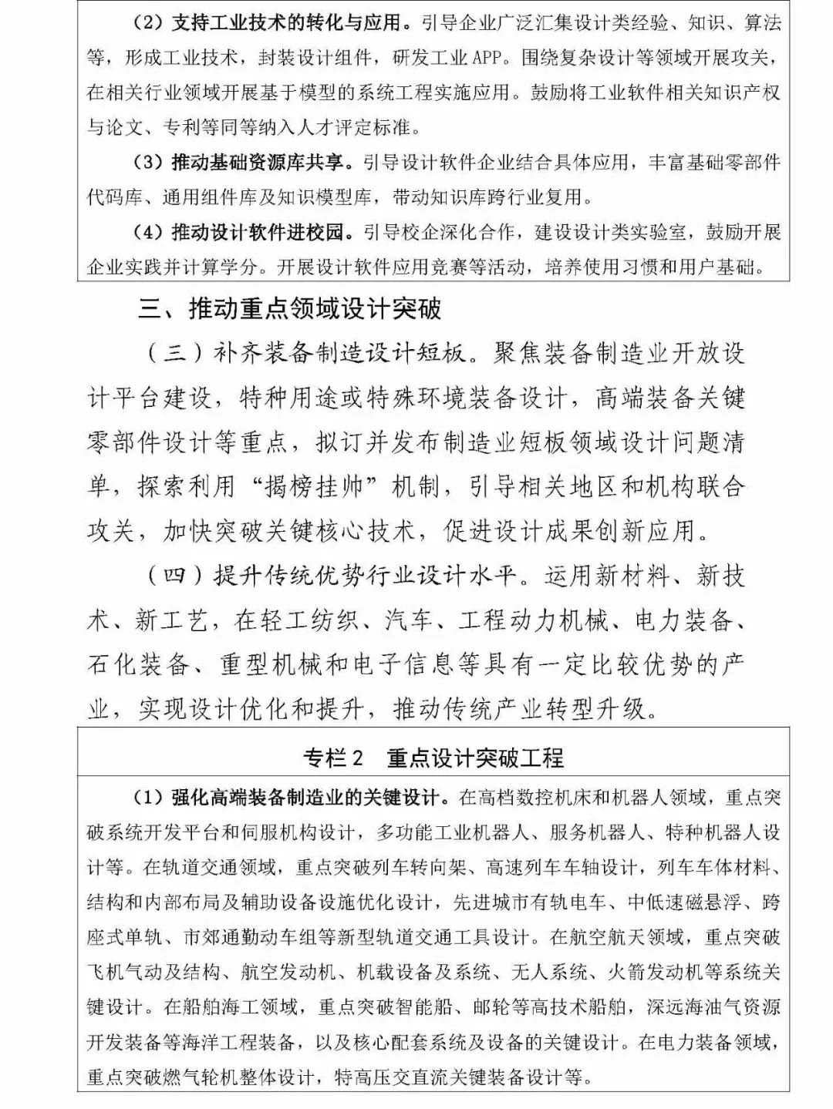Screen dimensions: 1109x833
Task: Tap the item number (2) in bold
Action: point(147,22)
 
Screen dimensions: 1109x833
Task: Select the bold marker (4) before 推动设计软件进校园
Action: point(147,232)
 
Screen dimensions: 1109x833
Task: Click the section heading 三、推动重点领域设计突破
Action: point(290,309)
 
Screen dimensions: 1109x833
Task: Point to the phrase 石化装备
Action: point(139,664)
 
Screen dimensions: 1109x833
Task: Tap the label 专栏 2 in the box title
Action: point(333,758)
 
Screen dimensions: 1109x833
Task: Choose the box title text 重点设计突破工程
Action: point(476,758)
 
